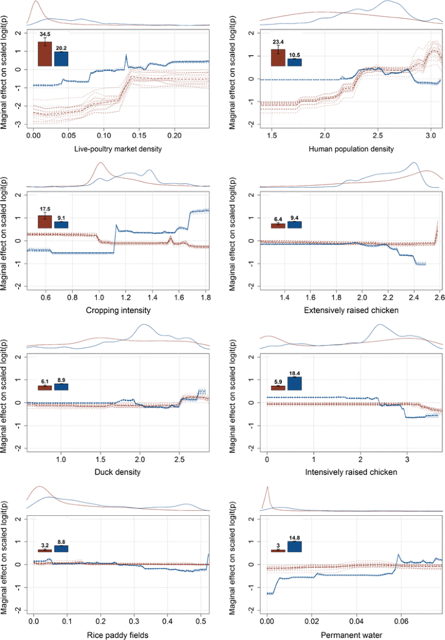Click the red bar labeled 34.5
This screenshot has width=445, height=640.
[x=45, y=54]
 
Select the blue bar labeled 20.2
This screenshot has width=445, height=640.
[x=61, y=58]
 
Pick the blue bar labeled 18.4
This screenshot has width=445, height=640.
[x=294, y=383]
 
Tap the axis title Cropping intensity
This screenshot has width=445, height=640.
[x=119, y=311]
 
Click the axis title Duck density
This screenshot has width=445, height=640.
[x=119, y=472]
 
